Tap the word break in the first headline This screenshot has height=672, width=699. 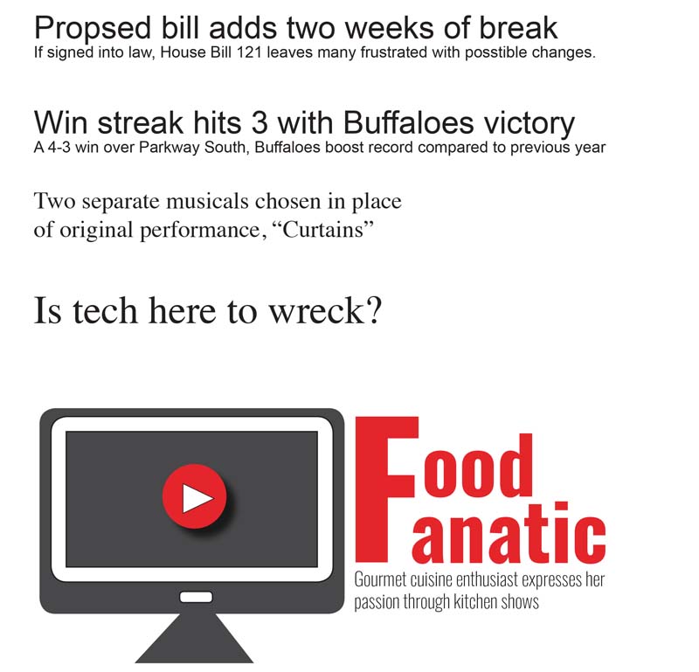coord(518,28)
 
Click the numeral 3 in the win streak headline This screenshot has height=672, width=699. coord(260,122)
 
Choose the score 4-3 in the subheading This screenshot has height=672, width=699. coord(59,147)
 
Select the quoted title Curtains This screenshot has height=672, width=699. coord(322,230)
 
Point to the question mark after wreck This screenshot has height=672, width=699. coord(375,309)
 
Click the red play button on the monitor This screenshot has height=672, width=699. coord(194,496)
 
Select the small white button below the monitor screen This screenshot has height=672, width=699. coord(196,597)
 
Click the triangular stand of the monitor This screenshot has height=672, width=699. coord(194,639)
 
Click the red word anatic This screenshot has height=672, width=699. coord(509,532)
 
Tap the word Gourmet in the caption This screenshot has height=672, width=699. coord(380,580)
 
